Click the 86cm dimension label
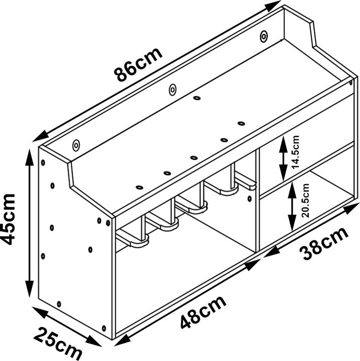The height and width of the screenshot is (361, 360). (138, 65)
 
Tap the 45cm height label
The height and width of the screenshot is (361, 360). (9, 219)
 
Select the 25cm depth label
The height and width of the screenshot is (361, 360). (58, 343)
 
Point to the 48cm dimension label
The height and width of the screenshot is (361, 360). (203, 312)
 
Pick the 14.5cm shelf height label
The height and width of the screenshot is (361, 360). (295, 152)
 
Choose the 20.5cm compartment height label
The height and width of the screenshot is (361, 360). (305, 200)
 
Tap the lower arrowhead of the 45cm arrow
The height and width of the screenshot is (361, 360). (30, 289)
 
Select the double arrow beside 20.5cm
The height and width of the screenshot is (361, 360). (292, 206)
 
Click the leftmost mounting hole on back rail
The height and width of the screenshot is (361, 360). (76, 145)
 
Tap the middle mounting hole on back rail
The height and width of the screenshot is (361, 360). (172, 90)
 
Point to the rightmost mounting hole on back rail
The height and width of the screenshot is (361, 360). (264, 37)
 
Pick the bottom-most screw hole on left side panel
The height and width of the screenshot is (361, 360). (104, 328)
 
